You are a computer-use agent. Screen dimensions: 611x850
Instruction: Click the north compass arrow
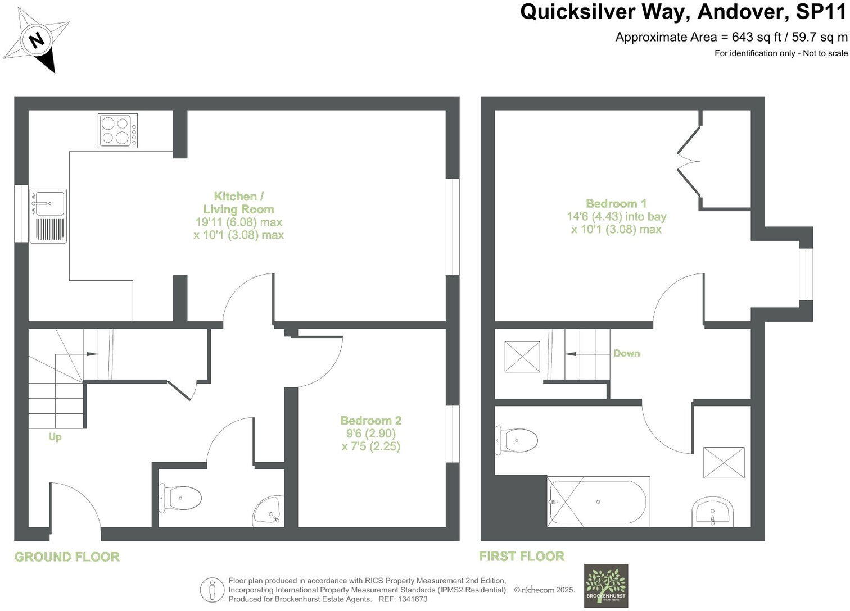point(37,40)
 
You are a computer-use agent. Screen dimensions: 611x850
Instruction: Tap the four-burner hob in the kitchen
point(117,131)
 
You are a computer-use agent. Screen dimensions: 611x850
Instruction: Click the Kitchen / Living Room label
point(238,203)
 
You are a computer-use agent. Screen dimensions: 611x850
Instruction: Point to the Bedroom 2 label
point(370,421)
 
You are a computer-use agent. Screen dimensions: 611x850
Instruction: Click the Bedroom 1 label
point(616,204)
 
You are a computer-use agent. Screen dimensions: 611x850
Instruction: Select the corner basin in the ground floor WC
point(269,510)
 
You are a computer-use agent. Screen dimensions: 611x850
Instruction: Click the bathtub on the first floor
point(599,501)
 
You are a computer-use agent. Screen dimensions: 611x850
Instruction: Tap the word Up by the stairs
point(55,437)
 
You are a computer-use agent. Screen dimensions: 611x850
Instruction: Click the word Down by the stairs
point(626,353)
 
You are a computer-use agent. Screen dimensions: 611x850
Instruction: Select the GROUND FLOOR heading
point(67,557)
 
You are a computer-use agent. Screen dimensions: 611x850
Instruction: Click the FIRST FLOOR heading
point(522,557)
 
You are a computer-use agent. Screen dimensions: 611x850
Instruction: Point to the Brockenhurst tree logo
point(605,585)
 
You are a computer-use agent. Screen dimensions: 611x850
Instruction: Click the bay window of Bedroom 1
point(806,273)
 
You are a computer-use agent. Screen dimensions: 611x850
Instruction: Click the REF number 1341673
point(413,599)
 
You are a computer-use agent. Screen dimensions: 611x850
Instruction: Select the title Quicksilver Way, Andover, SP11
point(683,12)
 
